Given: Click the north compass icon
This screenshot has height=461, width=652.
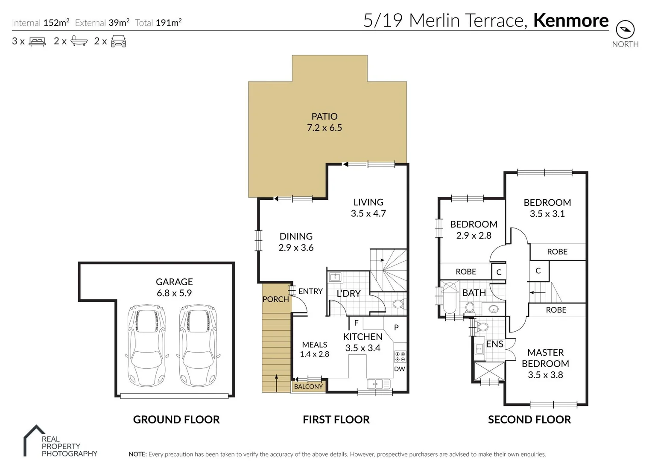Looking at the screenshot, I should (x=625, y=29).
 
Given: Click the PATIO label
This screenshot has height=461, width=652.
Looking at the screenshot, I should (x=325, y=117).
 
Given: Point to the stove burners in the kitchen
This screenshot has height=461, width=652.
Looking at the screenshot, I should (x=400, y=356).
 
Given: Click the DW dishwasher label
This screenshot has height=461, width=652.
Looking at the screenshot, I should (x=400, y=369).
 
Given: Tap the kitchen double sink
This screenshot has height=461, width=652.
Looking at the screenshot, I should (x=378, y=384).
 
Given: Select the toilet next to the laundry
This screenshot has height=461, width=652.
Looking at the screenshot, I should (x=398, y=304).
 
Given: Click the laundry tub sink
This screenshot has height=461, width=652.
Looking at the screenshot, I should (x=335, y=277).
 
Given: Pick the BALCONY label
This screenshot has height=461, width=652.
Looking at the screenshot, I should (x=308, y=387).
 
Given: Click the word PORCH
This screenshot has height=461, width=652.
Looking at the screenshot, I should (x=275, y=299).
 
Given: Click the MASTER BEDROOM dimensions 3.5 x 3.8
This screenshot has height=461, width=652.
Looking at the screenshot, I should (x=545, y=375).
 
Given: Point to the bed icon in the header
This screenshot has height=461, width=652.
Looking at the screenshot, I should (x=37, y=41).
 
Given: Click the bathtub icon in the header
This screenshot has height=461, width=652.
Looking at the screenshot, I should (x=79, y=41).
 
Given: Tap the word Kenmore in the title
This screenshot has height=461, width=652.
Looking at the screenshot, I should (x=571, y=20).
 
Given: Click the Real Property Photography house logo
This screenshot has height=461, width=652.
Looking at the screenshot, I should (x=34, y=440).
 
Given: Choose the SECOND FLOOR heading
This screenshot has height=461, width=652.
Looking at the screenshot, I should (x=529, y=420).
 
